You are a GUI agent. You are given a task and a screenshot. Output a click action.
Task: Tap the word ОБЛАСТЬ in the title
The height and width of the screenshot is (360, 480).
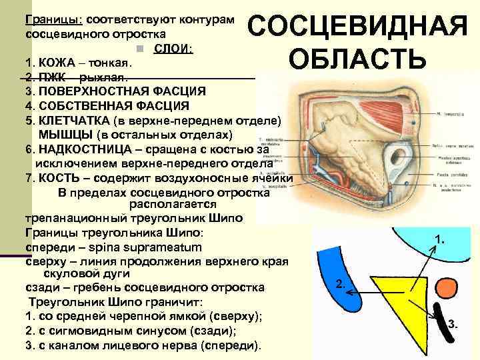(x=357, y=59)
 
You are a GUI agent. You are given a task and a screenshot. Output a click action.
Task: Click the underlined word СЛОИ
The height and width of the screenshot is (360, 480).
(x=173, y=49)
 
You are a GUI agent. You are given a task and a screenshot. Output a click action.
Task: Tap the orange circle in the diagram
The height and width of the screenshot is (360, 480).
(x=443, y=288)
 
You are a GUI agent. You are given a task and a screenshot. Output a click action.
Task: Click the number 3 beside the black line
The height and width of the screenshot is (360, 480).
(x=453, y=325)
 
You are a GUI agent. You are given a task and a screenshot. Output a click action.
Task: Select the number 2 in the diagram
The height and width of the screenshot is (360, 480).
(x=341, y=283)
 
